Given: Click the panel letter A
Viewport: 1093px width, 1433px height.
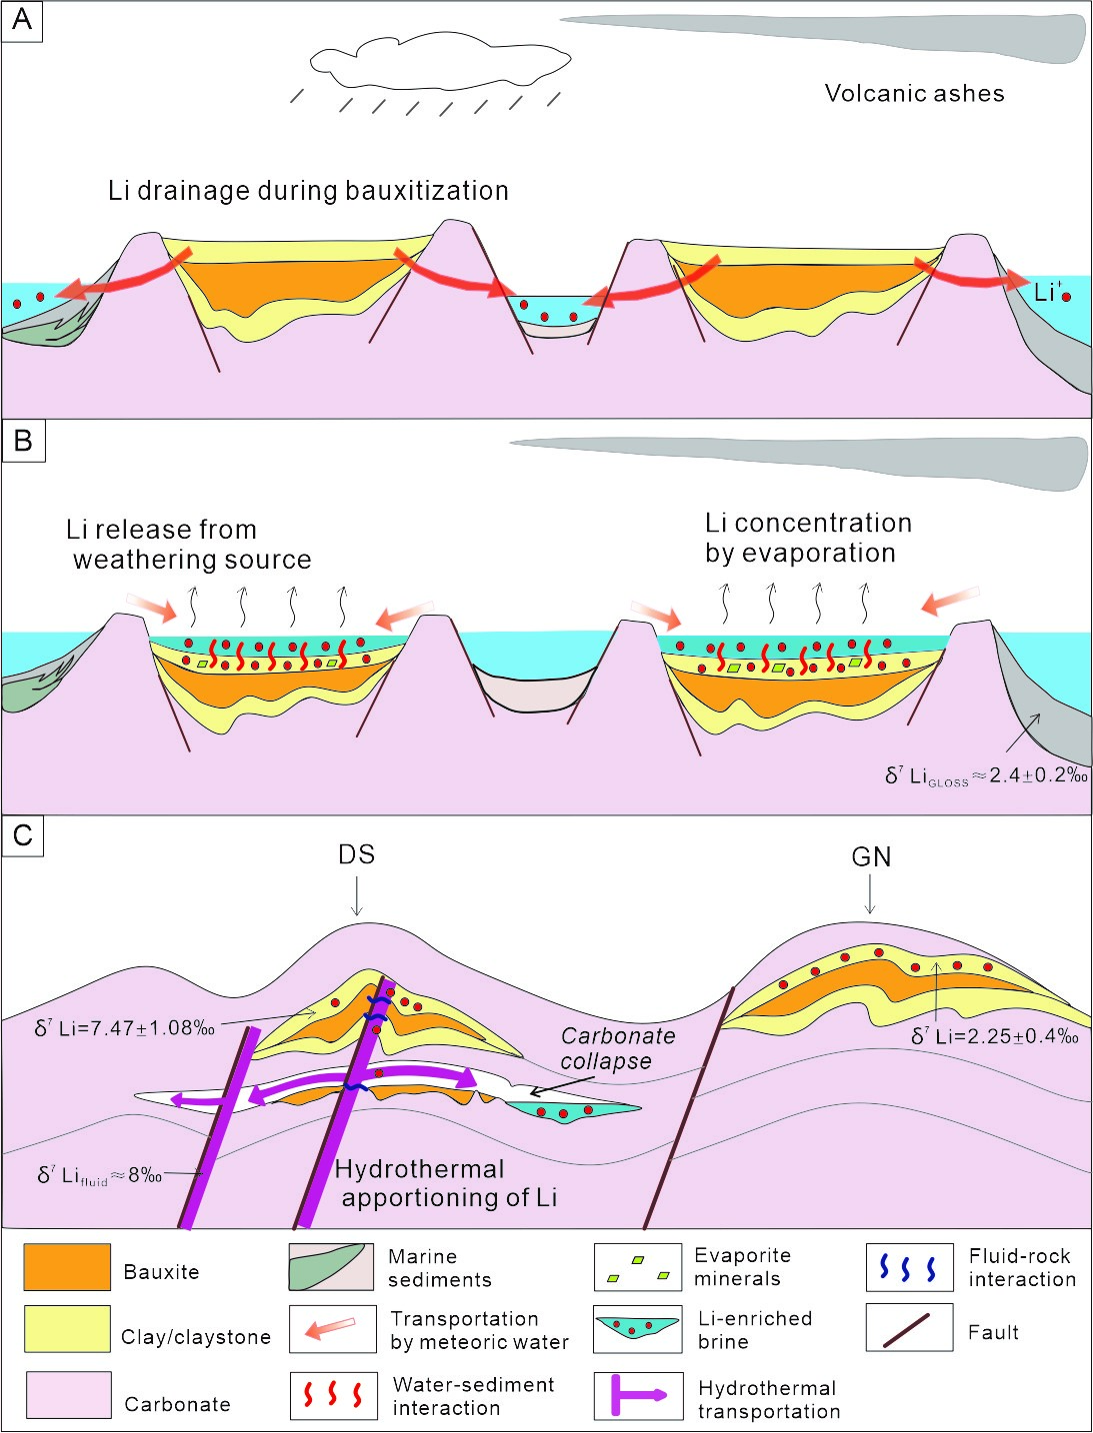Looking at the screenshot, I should [x=22, y=20].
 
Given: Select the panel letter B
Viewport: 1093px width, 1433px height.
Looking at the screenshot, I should [x=22, y=441].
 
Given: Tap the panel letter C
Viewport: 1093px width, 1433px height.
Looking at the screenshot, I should [x=22, y=834].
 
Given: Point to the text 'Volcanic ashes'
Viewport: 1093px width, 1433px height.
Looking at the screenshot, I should [x=914, y=94].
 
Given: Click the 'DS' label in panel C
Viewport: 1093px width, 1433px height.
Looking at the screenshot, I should [x=356, y=855].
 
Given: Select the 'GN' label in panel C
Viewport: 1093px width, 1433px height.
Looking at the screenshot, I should [x=871, y=857].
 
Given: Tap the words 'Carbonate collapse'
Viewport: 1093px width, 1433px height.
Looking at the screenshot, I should [x=616, y=1048].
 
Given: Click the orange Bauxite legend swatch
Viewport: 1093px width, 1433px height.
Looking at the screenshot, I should [x=67, y=1267].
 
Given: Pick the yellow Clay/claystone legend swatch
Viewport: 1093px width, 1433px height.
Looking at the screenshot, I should [x=67, y=1329].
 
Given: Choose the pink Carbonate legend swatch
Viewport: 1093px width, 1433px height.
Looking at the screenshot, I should [x=67, y=1395].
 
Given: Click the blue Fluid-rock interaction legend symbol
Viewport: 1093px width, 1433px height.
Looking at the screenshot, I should [x=908, y=1267].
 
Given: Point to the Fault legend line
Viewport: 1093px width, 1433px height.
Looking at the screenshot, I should [x=908, y=1329].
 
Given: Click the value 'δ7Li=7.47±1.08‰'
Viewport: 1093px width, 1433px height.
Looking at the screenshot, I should [x=125, y=1027].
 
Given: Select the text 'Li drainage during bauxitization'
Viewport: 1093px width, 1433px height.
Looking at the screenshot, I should [x=308, y=191].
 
